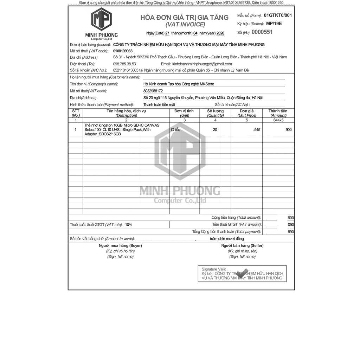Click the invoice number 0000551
click(x=262, y=32)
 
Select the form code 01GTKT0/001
click(x=277, y=15)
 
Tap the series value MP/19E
click(x=274, y=24)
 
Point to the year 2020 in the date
click(x=220, y=33)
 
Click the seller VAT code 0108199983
click(x=123, y=51)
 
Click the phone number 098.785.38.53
click(x=124, y=64)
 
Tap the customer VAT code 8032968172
click(x=153, y=91)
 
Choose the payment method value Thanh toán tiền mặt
click(x=159, y=104)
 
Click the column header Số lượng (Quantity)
click(x=215, y=113)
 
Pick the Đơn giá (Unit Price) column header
click(x=246, y=113)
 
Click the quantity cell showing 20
click(x=215, y=130)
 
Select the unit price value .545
click(x=257, y=130)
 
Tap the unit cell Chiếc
click(x=175, y=130)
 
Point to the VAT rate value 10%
click(x=128, y=225)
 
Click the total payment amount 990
click(x=291, y=232)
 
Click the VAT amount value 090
click(x=291, y=225)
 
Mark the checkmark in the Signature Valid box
click(x=242, y=273)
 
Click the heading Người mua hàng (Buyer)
click(x=120, y=245)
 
